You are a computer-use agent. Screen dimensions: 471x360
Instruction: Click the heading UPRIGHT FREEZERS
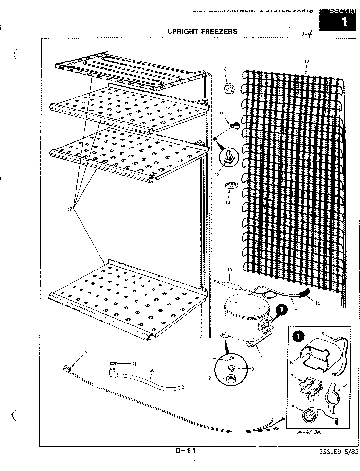point(202,31)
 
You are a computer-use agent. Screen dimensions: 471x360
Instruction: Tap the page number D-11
point(186,451)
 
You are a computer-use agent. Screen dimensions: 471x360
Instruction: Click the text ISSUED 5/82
point(338,452)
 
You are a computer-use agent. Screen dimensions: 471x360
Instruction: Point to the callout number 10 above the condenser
point(306,61)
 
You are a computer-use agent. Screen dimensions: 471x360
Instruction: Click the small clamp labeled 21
point(113,363)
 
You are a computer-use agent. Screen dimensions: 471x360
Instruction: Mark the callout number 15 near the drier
point(230,270)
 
